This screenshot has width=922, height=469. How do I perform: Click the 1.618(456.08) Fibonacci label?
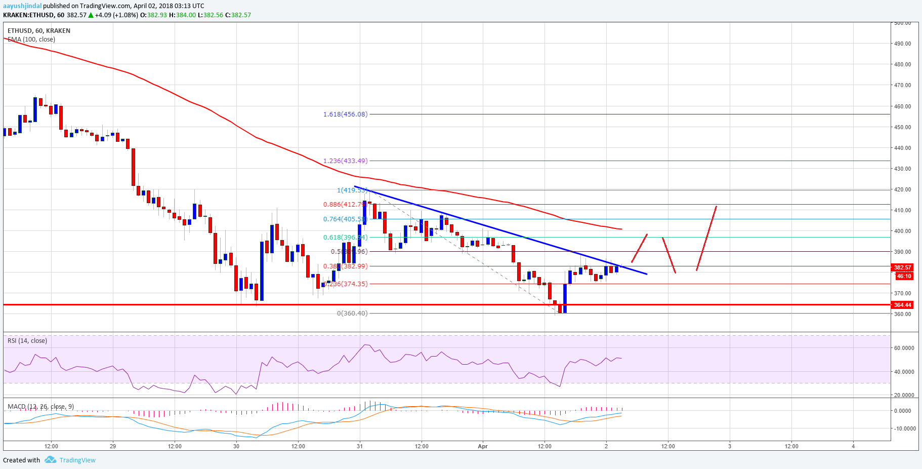pos(345,114)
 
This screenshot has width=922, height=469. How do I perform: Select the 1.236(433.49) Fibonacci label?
pos(345,161)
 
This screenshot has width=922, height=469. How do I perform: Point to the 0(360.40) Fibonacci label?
pos(352,314)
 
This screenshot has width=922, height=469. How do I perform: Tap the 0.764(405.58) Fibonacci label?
pos(345,219)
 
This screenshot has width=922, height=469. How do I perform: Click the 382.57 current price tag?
pos(902,267)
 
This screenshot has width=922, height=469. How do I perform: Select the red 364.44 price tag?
pos(902,305)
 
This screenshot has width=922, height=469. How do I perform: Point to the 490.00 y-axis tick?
pos(902,44)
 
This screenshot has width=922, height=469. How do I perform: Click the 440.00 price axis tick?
pos(902,148)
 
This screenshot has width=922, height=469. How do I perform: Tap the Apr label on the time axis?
pos(483,446)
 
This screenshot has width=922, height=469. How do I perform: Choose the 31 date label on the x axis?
pos(359,446)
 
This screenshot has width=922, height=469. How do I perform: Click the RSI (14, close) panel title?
pos(27,341)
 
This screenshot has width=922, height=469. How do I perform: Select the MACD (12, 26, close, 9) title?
pos(40,407)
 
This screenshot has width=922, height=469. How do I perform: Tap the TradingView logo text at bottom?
pos(77,460)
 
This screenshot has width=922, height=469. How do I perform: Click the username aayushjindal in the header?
pos(22,6)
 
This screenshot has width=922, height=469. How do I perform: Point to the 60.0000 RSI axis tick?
pos(904,348)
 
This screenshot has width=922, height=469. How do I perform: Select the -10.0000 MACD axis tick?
pos(904,428)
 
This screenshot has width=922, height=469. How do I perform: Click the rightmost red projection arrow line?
pos(706,238)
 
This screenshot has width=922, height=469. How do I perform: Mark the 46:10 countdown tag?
pos(904,276)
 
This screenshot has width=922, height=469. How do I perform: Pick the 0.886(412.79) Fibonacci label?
pos(345,205)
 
